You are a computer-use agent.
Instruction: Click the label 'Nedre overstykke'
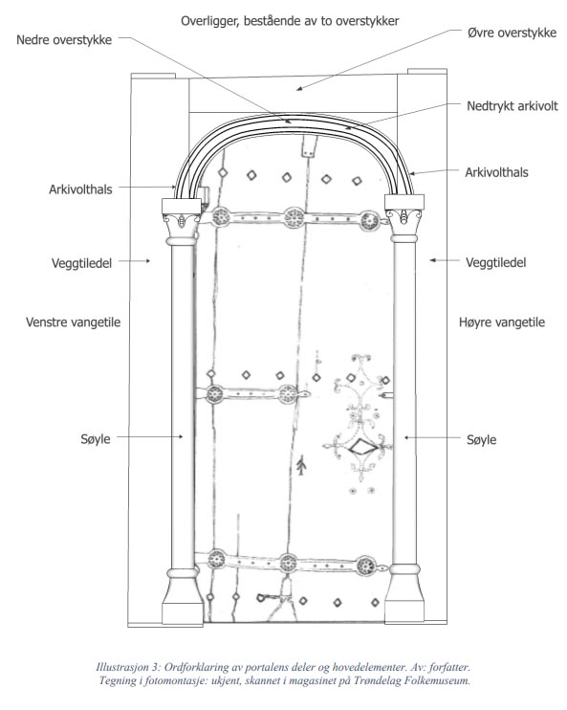click(64, 40)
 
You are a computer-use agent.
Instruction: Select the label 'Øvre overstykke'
click(512, 33)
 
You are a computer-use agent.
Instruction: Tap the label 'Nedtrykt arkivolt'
click(512, 106)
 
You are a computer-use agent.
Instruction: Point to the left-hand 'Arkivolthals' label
click(80, 189)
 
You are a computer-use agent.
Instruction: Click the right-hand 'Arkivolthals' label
click(496, 172)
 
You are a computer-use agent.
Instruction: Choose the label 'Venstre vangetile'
click(73, 322)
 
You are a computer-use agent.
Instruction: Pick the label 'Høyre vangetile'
click(502, 322)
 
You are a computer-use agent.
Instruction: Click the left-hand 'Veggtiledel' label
click(81, 263)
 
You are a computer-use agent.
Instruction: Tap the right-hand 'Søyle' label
click(482, 439)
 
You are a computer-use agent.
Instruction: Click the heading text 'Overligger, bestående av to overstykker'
click(290, 21)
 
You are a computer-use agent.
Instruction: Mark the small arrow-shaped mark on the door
click(301, 465)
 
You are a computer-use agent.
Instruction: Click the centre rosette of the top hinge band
click(294, 218)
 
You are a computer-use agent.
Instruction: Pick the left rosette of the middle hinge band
click(215, 394)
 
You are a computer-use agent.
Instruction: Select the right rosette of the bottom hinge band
click(365, 566)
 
